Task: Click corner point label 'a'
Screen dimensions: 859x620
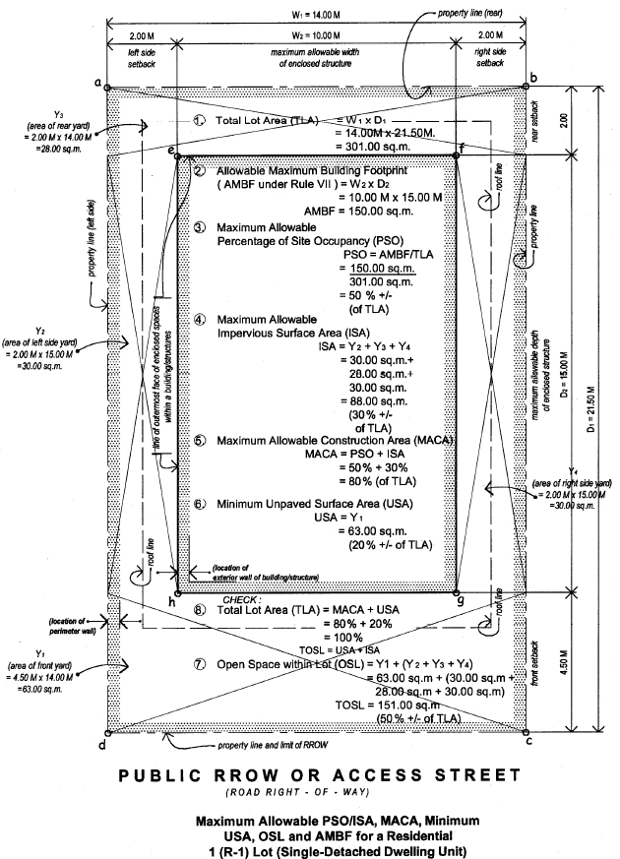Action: point(98,82)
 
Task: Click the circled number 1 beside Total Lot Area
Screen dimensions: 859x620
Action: point(199,120)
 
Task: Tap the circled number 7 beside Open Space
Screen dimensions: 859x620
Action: point(199,664)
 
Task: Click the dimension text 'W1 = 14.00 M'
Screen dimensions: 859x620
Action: point(312,14)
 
